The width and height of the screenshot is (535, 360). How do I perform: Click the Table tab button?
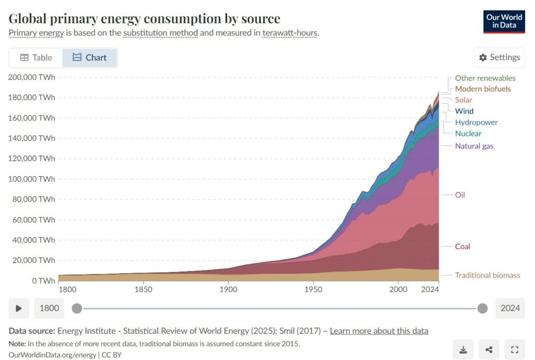[36, 57]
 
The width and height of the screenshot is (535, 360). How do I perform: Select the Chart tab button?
[90, 57]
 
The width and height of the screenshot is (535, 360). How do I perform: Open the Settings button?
[499, 57]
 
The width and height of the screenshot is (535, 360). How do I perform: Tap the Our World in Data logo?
[504, 21]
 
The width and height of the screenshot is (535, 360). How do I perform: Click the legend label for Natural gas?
[474, 146]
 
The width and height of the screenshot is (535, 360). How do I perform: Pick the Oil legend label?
[460, 195]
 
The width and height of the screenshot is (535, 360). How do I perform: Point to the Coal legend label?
[462, 246]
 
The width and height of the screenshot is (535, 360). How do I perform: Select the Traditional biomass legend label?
[487, 275]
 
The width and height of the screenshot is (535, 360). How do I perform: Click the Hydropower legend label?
[476, 122]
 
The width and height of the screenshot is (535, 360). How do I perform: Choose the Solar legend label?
[463, 100]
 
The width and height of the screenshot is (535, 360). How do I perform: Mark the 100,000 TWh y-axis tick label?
[31, 179]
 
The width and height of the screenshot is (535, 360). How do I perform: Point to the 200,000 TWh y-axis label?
[31, 77]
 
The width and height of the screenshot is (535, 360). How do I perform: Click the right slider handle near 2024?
[482, 308]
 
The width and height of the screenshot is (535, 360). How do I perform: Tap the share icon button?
[489, 350]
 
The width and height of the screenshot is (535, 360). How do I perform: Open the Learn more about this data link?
[379, 331]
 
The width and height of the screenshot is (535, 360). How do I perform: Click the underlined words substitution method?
[160, 33]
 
